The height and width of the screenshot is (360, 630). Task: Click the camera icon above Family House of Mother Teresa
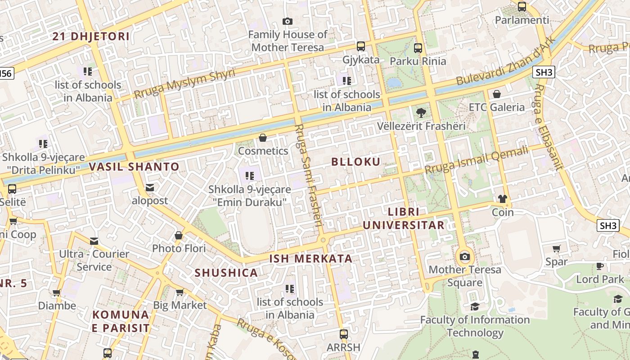click(287, 21)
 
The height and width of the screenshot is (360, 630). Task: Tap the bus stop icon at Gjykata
click(360, 46)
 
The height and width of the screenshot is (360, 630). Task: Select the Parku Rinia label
click(418, 61)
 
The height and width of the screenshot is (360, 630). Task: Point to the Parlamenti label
click(522, 20)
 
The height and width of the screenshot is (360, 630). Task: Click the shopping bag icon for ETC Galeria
click(497, 94)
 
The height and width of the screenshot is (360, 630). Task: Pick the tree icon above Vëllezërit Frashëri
click(421, 112)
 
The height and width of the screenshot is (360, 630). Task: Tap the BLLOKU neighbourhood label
click(356, 162)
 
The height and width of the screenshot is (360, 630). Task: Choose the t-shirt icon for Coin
click(502, 199)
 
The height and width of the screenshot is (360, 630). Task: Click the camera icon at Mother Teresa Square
click(464, 257)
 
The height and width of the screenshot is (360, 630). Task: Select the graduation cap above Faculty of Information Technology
click(475, 306)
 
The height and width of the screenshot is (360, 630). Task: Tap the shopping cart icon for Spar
click(557, 248)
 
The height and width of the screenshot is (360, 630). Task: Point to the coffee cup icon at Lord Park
click(600, 266)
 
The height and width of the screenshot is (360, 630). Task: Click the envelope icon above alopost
click(149, 188)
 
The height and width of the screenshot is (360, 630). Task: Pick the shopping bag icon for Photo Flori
click(179, 235)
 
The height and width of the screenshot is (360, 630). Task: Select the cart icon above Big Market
click(180, 292)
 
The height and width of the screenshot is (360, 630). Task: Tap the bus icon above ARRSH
click(343, 334)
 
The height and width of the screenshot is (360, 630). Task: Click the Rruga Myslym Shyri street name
click(184, 84)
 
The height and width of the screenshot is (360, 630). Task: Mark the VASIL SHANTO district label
click(134, 167)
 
